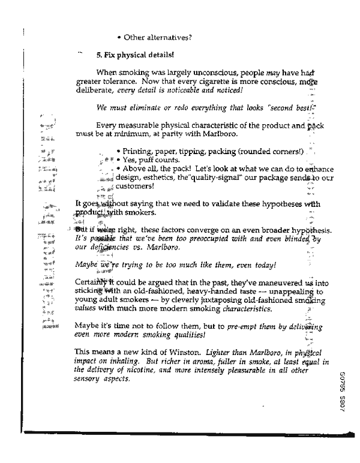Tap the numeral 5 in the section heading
98,55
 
